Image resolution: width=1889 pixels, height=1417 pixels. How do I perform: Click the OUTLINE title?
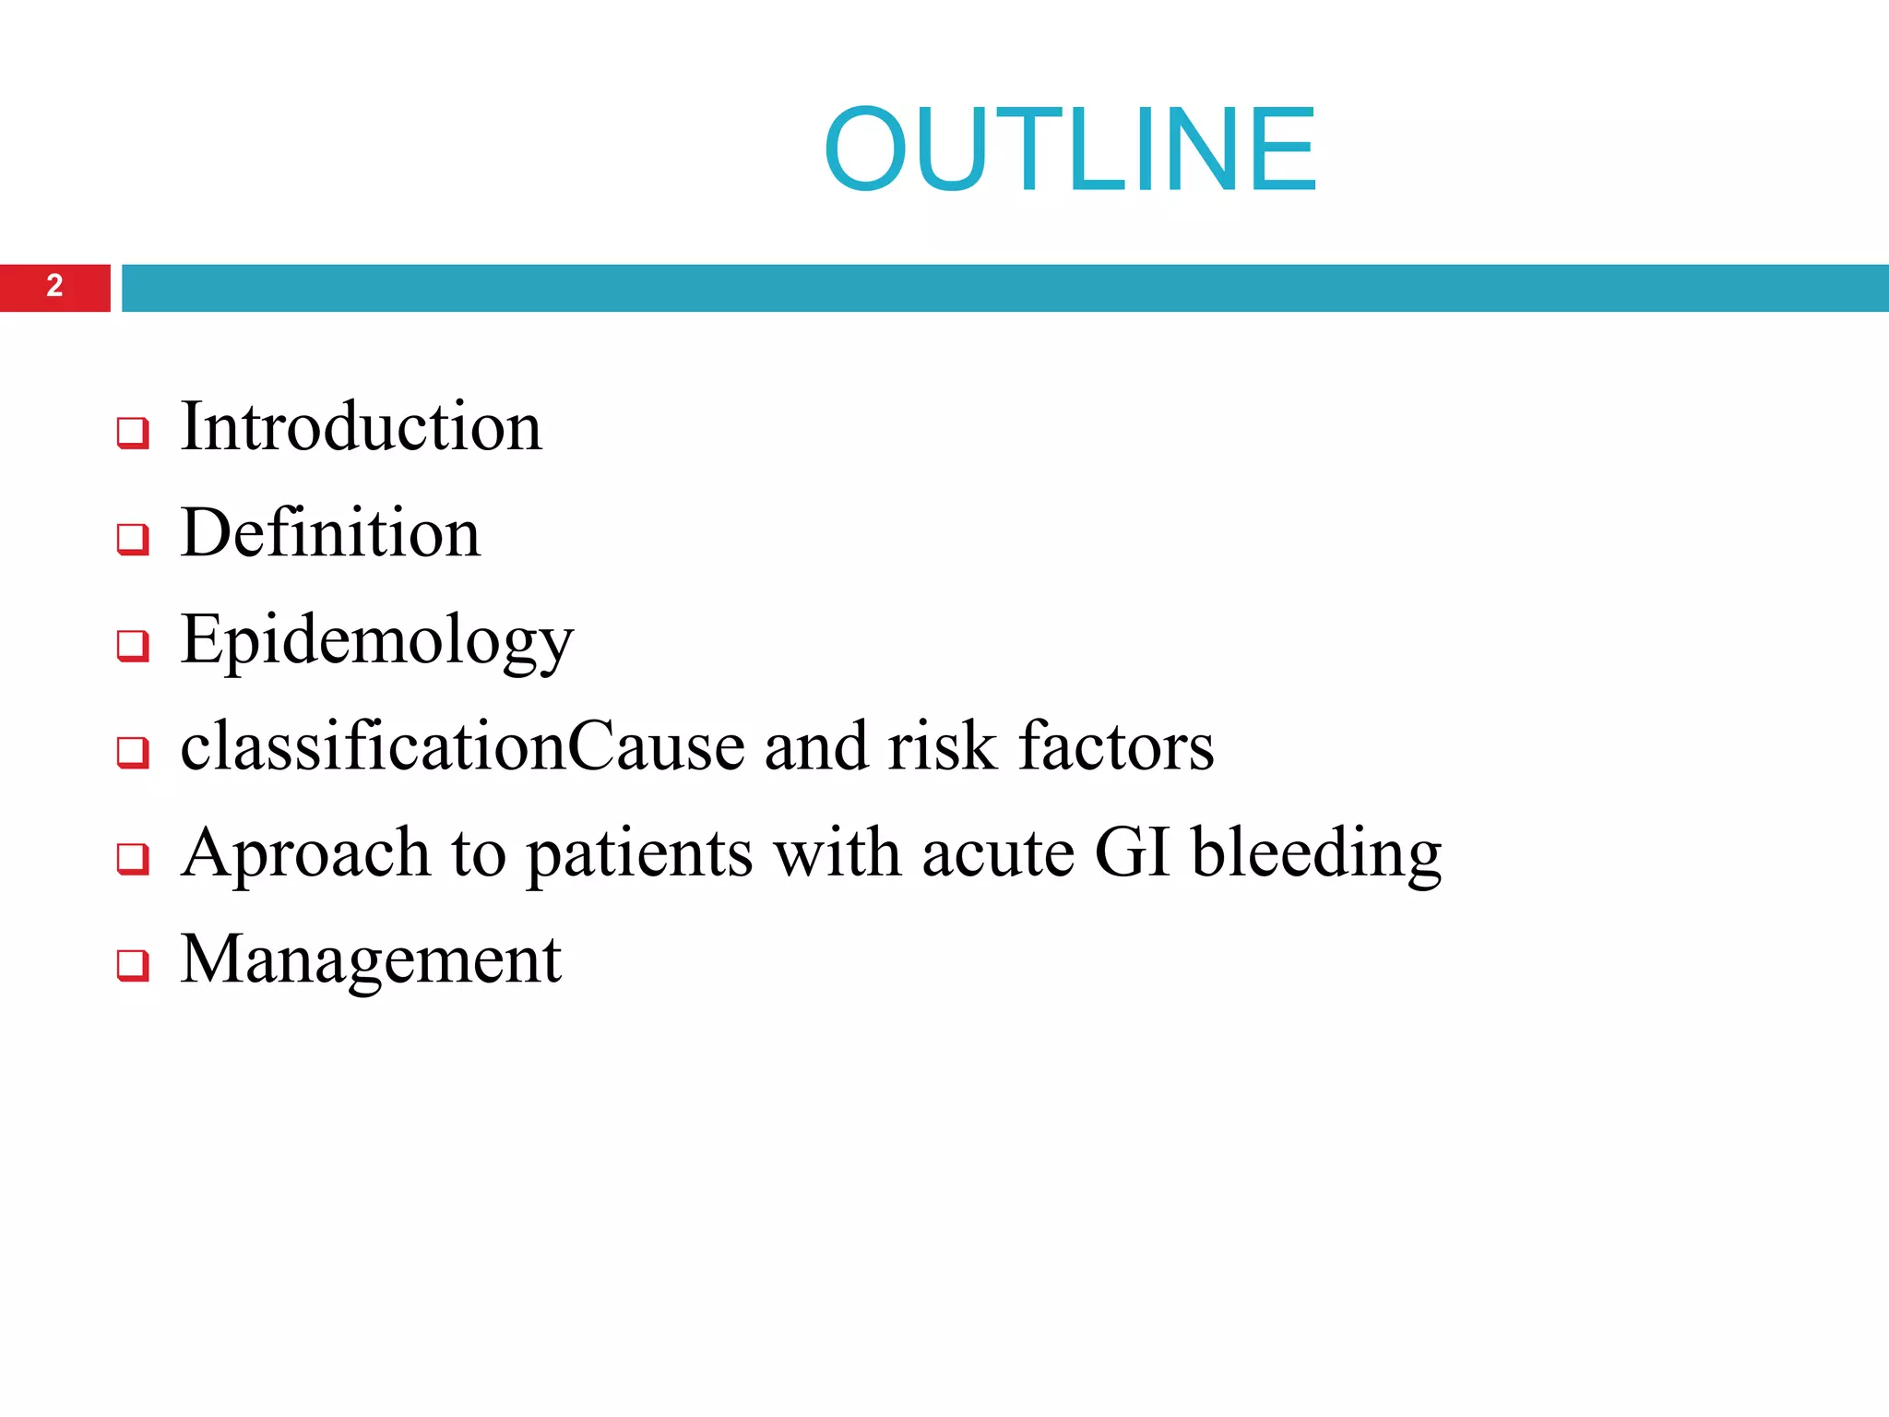(x=1070, y=149)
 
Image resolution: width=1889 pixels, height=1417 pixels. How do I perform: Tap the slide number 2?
(x=54, y=286)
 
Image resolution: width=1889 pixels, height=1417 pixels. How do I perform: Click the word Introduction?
(x=362, y=426)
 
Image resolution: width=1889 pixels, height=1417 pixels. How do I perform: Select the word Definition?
(x=330, y=533)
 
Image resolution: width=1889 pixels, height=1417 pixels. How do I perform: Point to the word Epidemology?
(x=376, y=641)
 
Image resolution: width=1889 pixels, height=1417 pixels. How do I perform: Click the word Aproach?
(x=305, y=853)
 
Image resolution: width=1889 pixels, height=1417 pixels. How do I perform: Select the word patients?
(x=639, y=853)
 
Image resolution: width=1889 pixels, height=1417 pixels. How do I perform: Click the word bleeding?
(x=1316, y=853)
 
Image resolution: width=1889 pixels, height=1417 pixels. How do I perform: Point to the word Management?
(x=371, y=959)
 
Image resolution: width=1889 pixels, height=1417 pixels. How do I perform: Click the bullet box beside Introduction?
(x=133, y=432)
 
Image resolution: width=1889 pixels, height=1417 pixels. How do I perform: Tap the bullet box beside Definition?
(x=133, y=539)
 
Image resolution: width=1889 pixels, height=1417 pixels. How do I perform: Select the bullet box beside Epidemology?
(x=133, y=646)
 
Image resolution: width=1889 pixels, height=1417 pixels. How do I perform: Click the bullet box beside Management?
(x=133, y=965)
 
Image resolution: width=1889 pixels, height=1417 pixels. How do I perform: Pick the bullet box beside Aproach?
(x=133, y=859)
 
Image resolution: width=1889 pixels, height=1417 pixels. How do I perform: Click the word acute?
(x=998, y=853)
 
